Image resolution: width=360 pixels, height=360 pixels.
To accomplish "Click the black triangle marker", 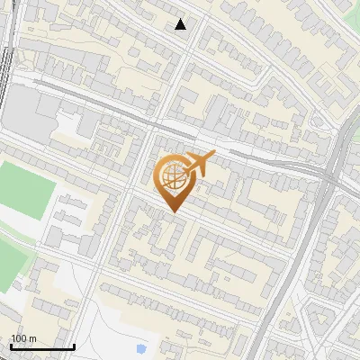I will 181,24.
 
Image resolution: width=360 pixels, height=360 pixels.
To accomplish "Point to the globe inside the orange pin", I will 171,177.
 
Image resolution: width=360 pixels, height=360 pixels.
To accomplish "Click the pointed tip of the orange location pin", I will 172,212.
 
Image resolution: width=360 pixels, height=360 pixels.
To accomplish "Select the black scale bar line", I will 42,346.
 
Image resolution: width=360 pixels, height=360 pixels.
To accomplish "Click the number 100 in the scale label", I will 19,338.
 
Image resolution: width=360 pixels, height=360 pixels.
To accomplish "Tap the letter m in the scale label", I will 32,338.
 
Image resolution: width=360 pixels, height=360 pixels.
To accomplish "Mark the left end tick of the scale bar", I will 11,346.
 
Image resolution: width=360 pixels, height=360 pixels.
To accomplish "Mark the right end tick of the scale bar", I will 74,346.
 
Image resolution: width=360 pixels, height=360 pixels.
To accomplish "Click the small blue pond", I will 141,347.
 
